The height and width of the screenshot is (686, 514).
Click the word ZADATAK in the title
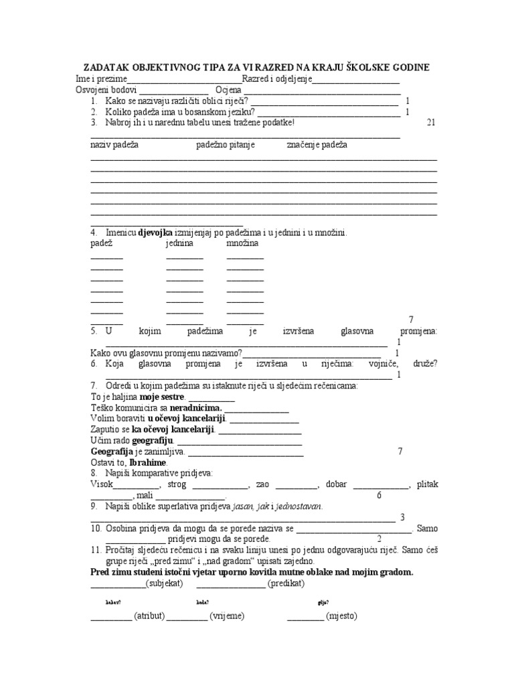pyautogui.click(x=108, y=68)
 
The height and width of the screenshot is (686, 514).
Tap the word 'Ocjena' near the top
pyautogui.click(x=228, y=90)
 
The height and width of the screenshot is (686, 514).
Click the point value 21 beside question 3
pyautogui.click(x=430, y=123)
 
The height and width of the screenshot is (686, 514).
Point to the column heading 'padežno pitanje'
pyautogui.click(x=226, y=145)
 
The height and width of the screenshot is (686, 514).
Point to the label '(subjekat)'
pyautogui.click(x=165, y=584)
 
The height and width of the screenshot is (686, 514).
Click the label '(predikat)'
pyautogui.click(x=286, y=584)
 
